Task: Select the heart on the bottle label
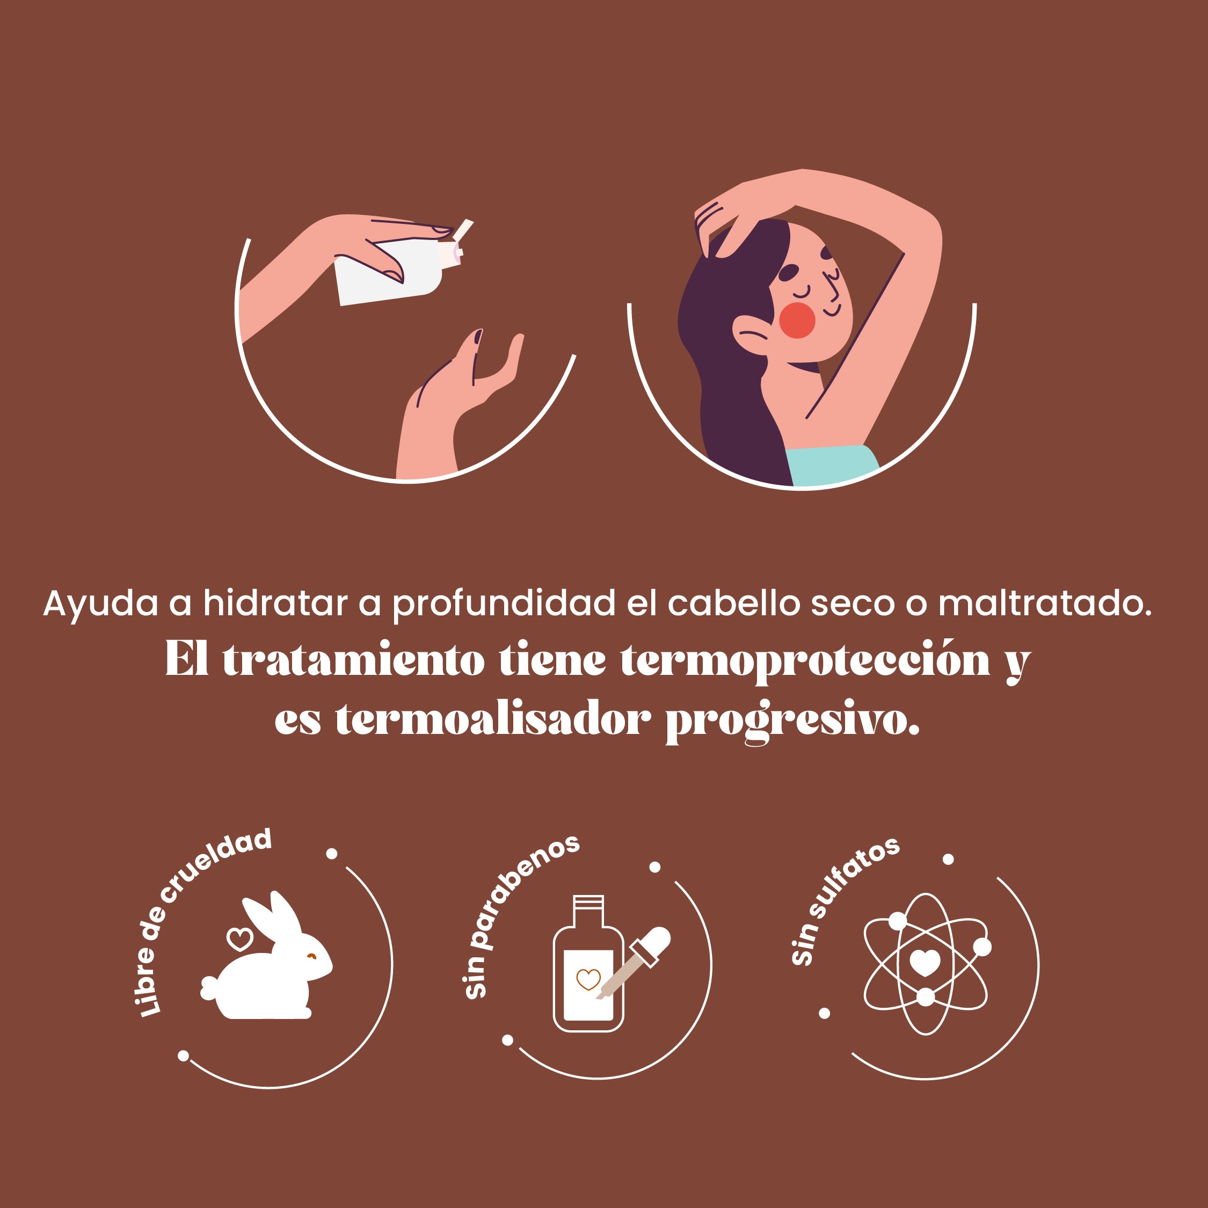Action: point(588,979)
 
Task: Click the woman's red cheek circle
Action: point(797,320)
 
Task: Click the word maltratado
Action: point(1045,604)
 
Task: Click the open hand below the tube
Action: point(460,403)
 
